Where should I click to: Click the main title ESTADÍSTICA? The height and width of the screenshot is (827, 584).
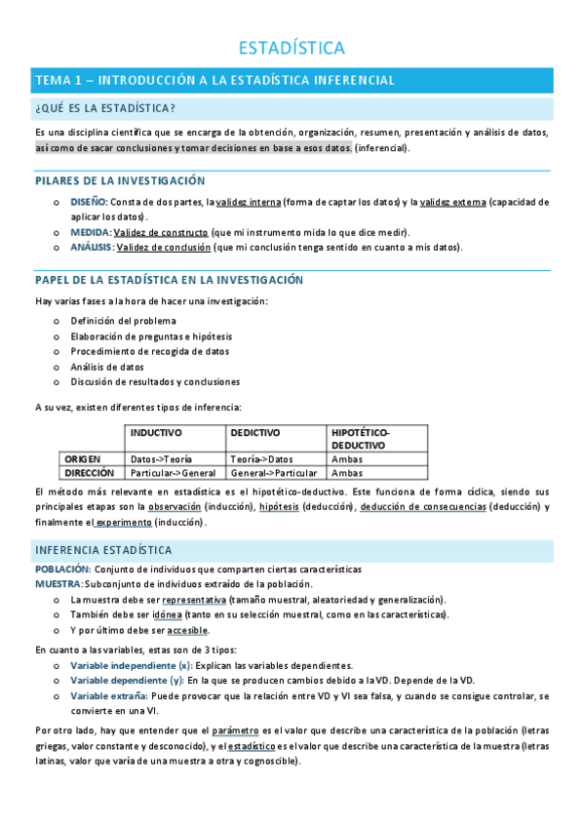coord(292,47)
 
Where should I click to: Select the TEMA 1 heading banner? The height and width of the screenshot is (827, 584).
coord(214,80)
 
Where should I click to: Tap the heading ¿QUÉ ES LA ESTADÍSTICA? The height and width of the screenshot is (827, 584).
coord(105,107)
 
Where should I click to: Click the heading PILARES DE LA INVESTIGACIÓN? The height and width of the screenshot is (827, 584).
coord(120,181)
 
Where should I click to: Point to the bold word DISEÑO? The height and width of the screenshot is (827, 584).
coord(89,202)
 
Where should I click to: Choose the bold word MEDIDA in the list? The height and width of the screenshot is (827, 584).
coord(90,232)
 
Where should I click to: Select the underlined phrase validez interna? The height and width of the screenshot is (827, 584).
coord(248,202)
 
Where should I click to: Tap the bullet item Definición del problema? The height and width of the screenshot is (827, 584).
coord(124,321)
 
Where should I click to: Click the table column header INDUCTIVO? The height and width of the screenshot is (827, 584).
coord(156,432)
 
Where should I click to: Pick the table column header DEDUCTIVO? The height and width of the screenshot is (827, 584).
coord(255,432)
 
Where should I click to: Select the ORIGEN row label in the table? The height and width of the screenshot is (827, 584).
coord(83,458)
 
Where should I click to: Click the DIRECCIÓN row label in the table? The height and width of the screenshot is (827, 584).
coord(90,472)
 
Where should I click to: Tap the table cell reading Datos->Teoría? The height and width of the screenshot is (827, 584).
coord(161,458)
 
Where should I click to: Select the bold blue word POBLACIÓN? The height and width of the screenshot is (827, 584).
coord(62,569)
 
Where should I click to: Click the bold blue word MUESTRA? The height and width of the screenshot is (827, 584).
coord(58,583)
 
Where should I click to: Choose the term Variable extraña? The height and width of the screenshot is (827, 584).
coord(109,696)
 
